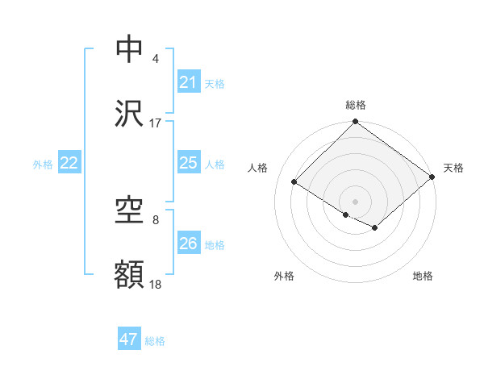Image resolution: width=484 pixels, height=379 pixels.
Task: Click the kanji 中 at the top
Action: [x=130, y=49]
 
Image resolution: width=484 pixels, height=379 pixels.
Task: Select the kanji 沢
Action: [x=130, y=114]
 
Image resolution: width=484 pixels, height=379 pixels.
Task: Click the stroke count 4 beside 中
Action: [x=156, y=59]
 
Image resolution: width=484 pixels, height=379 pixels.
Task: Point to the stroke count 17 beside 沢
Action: [x=156, y=123]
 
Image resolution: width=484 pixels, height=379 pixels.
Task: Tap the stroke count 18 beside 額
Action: [x=156, y=285]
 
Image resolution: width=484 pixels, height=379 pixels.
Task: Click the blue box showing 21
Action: [x=188, y=82]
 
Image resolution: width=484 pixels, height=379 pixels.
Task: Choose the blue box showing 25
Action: [x=188, y=163]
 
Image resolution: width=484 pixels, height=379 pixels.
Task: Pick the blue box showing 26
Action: [x=188, y=244]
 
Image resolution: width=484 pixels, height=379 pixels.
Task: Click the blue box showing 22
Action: [x=69, y=163]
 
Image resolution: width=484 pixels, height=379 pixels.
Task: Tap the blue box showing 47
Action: [x=129, y=339]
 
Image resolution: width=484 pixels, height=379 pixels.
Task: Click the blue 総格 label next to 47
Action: [x=155, y=341]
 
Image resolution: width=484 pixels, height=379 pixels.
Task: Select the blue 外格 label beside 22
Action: [x=43, y=165]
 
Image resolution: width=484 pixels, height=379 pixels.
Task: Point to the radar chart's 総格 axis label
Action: [x=355, y=105]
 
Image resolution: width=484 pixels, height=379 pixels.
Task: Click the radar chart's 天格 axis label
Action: [x=453, y=168]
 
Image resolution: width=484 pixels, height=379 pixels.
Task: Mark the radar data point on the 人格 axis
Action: [x=294, y=181]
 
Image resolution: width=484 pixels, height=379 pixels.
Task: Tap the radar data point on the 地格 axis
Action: [x=375, y=228]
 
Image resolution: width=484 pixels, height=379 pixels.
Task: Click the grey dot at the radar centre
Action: [x=355, y=201]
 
